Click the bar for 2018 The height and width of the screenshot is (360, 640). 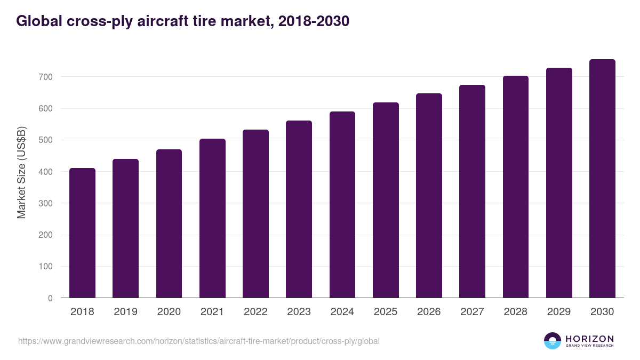pos(82,233)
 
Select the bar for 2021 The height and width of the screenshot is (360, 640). pos(212,218)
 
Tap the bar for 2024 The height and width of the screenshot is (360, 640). pos(342,205)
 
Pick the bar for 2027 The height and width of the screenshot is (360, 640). pos(472,191)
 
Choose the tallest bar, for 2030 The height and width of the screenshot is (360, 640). pos(602,179)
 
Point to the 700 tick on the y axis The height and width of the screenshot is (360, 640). pos(46,77)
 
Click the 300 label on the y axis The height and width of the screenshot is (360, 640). pos(46,203)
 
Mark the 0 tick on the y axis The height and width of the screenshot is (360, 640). pos(50,298)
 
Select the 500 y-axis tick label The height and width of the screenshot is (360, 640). pos(46,140)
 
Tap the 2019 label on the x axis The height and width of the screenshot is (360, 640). pos(125,312)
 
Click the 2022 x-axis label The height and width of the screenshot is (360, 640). pos(255,312)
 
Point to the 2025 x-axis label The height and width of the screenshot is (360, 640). pos(386,312)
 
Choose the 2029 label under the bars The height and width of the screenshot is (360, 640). pos(559,312)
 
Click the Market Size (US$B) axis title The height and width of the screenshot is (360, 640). pos(22,172)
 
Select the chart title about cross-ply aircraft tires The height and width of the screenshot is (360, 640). pos(182,21)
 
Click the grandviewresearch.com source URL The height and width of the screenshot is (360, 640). pos(199,341)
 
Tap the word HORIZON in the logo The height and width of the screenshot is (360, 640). pos(589,338)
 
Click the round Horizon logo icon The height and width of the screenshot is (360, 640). pos(552,341)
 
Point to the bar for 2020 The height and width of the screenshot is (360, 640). pos(169,223)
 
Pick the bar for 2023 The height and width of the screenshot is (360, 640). pos(299,209)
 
